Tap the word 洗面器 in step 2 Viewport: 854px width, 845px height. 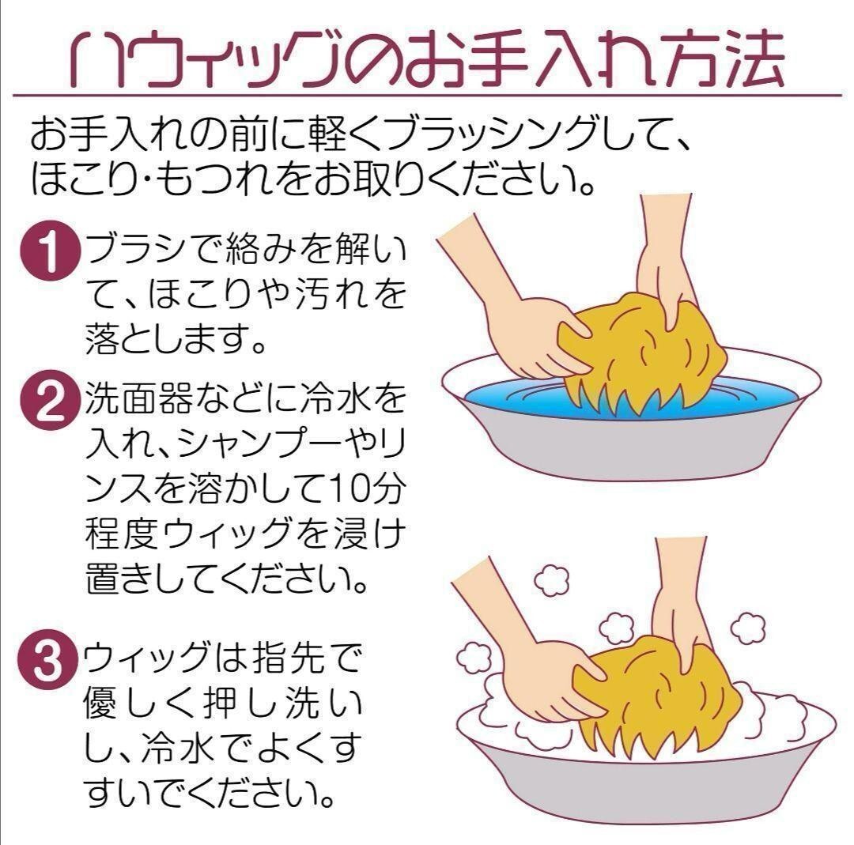(x=138, y=398)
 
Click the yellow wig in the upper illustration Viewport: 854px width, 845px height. (x=643, y=354)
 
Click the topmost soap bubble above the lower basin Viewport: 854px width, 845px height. (x=552, y=580)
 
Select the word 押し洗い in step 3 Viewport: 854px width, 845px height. (x=282, y=703)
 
